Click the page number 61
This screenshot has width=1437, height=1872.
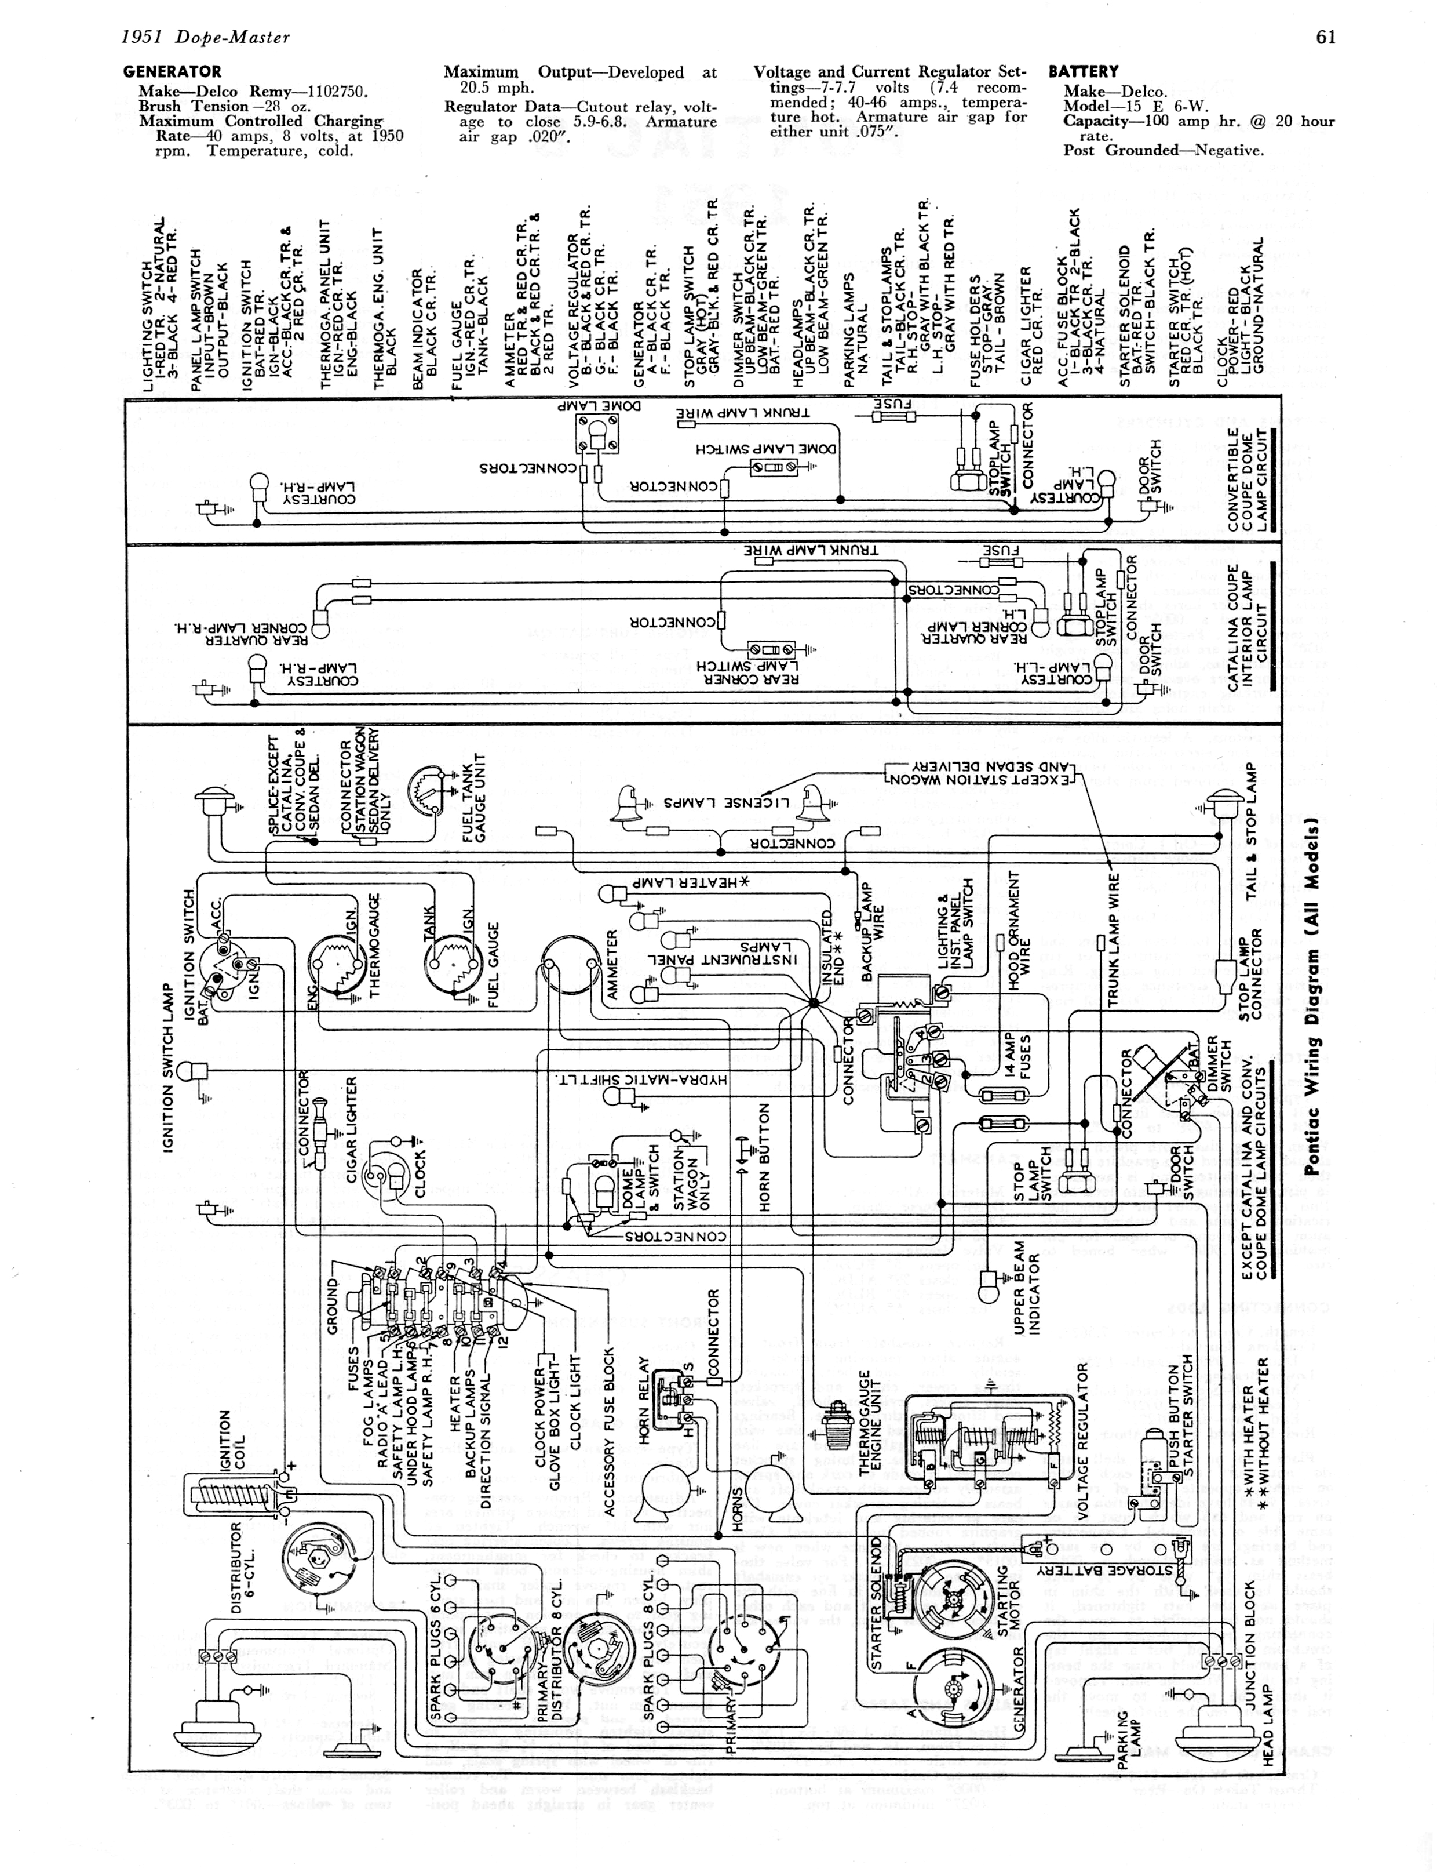[1326, 36]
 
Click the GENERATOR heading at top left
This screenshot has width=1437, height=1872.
[172, 72]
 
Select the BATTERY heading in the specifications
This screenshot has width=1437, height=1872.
[1083, 72]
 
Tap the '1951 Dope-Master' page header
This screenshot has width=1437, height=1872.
[205, 37]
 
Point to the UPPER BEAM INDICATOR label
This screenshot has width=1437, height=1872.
[1026, 1306]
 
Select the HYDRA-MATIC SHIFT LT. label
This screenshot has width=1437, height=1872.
[641, 1079]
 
